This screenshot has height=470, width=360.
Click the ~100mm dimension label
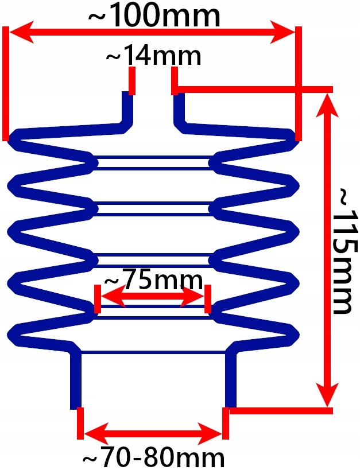coord(153,16)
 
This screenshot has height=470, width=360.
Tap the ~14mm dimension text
coord(153,56)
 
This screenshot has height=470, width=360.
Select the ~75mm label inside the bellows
coord(153,281)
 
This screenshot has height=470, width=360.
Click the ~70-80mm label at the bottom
coord(153,458)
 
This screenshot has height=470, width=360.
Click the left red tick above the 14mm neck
coord(132,80)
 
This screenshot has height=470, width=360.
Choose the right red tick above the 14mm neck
coord(174,80)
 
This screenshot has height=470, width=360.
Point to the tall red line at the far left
coord(6,83)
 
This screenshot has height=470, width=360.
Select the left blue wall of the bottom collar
coord(75,379)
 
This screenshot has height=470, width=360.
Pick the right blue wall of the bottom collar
coord(231,379)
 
